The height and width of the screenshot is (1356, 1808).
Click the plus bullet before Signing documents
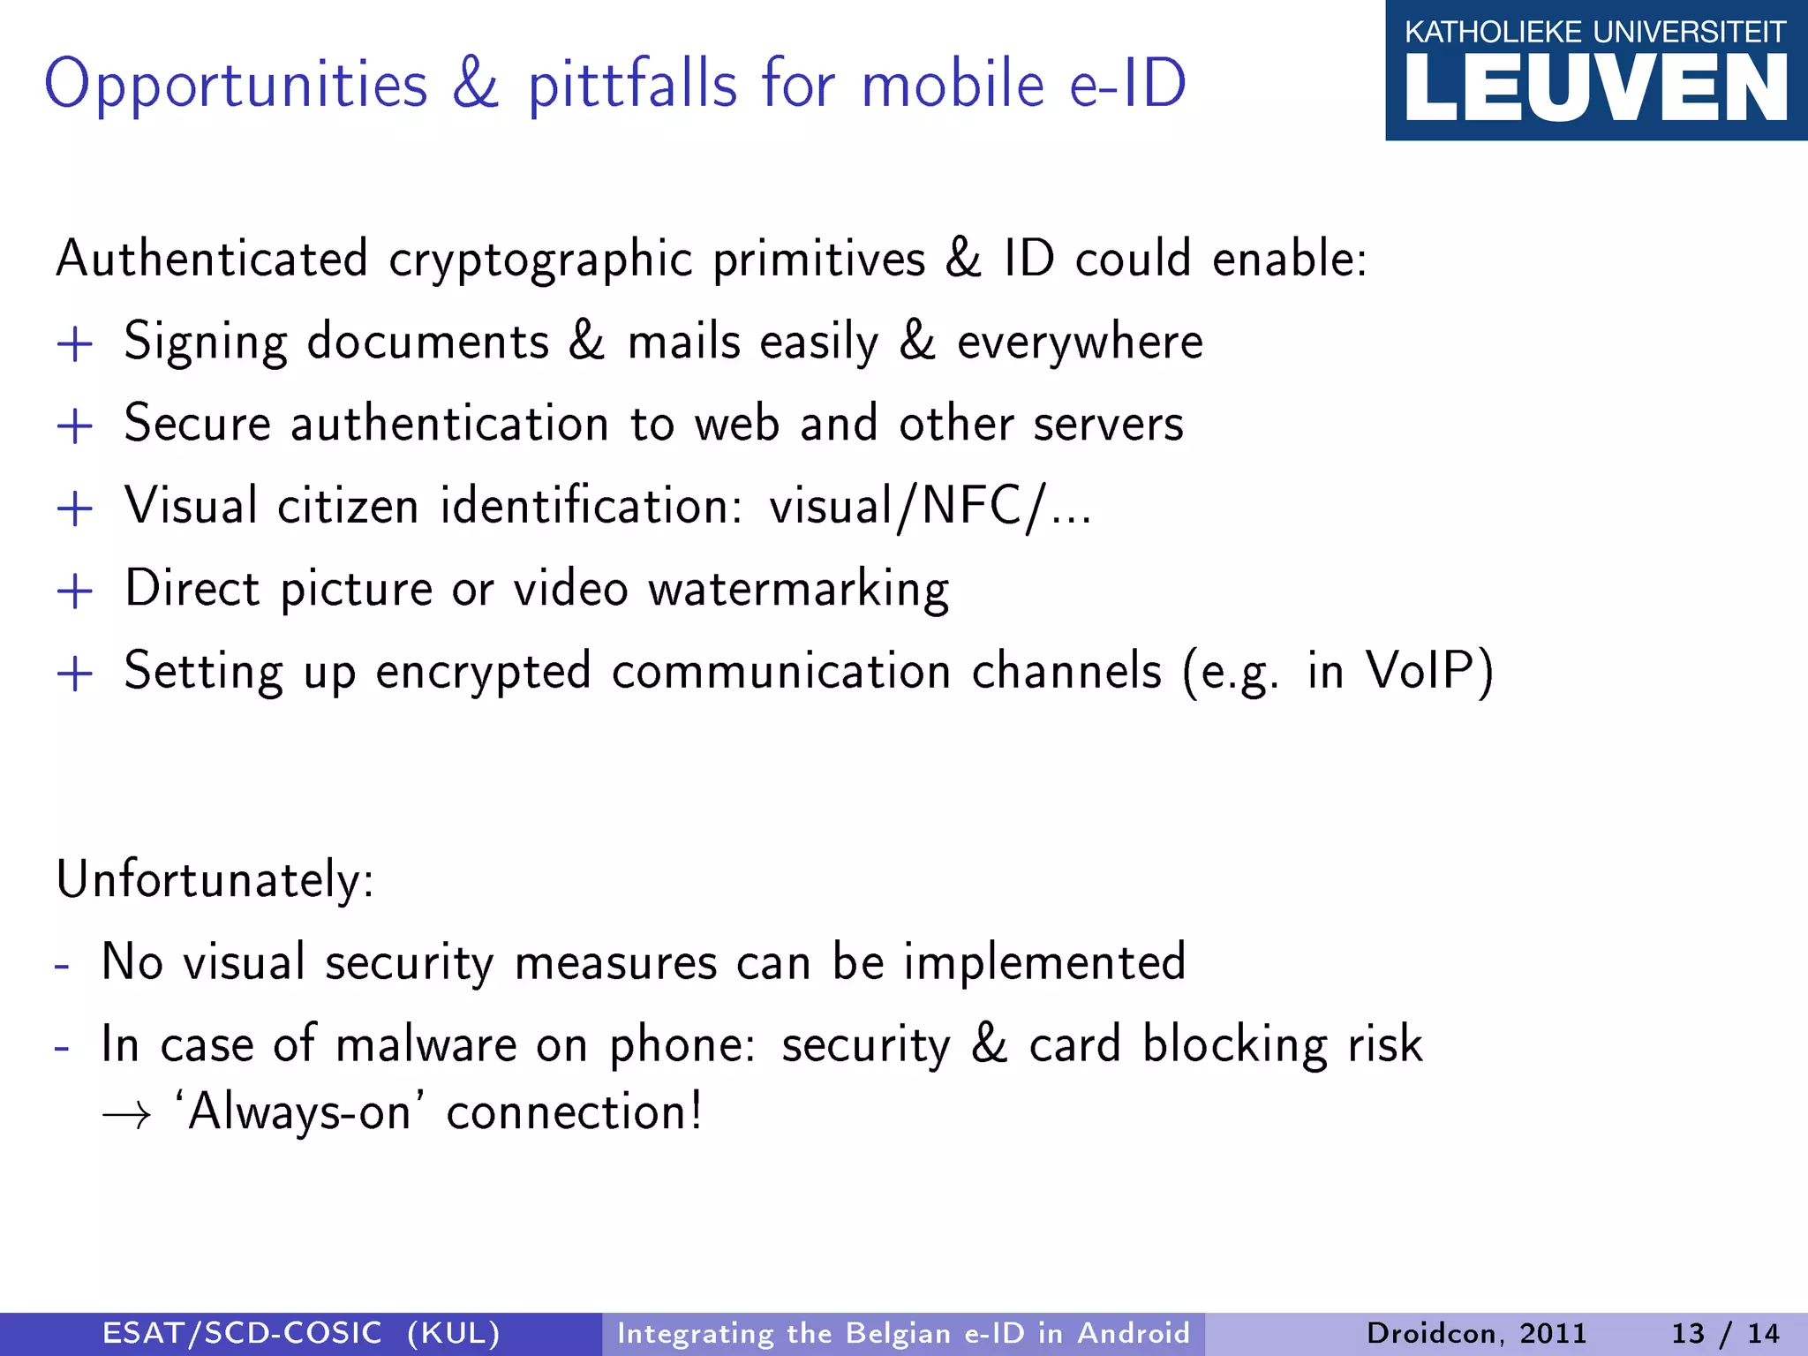pos(75,344)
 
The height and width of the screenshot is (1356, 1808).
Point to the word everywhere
pos(1080,343)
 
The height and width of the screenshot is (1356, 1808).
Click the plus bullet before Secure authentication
pos(75,426)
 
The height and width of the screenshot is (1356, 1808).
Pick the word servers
pos(1108,425)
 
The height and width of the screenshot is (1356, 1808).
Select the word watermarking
pos(799,590)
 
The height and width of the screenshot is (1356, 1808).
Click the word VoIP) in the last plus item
pos(1429,672)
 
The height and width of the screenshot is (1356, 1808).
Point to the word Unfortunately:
pos(215,880)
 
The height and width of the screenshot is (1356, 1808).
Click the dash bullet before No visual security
pos(62,965)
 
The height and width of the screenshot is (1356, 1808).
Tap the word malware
pos(426,1044)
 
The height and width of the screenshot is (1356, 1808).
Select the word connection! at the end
pos(575,1111)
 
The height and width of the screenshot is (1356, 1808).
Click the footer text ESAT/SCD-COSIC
pos(242,1333)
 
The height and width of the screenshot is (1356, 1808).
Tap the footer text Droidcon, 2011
pos(1476,1333)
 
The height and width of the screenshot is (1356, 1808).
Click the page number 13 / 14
pos(1725,1333)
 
